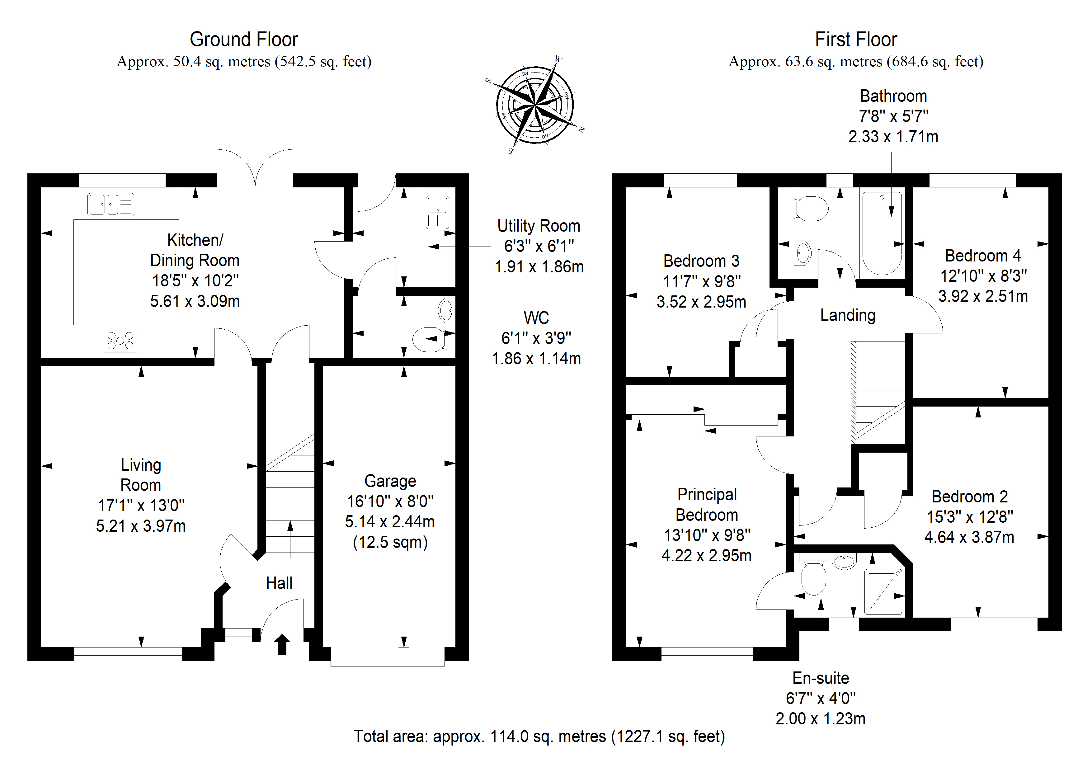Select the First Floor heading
[856, 40]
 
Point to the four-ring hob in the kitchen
[120, 341]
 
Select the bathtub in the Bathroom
[882, 233]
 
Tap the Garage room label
[390, 481]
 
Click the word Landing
[848, 315]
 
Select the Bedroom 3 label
[702, 261]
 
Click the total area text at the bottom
[539, 736]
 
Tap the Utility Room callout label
[539, 226]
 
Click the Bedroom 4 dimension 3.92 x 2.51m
[983, 296]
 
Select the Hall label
[279, 583]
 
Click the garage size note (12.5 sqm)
[390, 542]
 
